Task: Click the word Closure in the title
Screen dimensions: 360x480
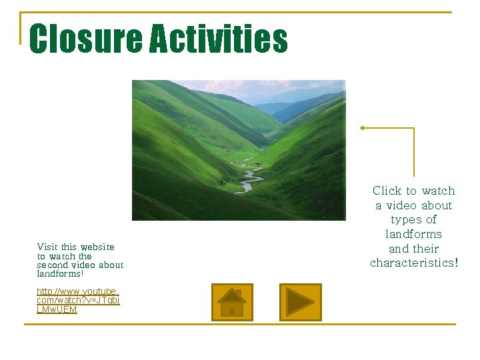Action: pyautogui.click(x=85, y=39)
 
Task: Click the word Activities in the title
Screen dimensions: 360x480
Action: pyautogui.click(x=218, y=39)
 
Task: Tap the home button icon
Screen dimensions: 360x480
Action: pyautogui.click(x=232, y=302)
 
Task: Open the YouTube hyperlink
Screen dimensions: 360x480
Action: pyautogui.click(x=77, y=301)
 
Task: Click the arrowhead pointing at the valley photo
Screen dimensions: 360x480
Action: pyautogui.click(x=363, y=127)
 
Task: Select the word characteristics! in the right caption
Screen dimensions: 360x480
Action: pyautogui.click(x=414, y=263)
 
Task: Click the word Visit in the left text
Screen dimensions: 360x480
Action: pyautogui.click(x=47, y=247)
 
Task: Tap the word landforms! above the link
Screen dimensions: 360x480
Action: pyautogui.click(x=60, y=273)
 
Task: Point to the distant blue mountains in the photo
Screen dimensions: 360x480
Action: pyautogui.click(x=293, y=107)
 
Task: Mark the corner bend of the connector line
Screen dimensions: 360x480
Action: pyautogui.click(x=414, y=128)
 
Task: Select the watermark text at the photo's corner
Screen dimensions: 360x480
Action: pyautogui.click(x=325, y=216)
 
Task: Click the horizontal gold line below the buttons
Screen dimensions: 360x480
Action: pyautogui.click(x=240, y=325)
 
